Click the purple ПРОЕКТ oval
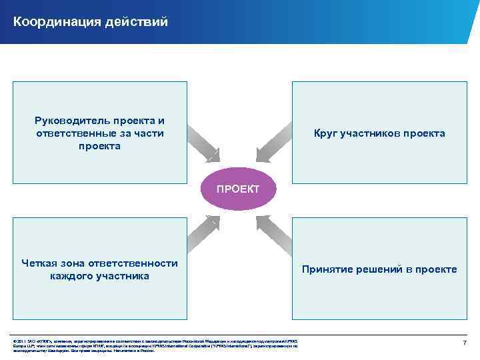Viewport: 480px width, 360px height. pos(238,189)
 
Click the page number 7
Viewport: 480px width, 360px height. pos(465,342)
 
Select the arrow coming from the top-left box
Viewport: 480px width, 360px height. pos(203,143)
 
